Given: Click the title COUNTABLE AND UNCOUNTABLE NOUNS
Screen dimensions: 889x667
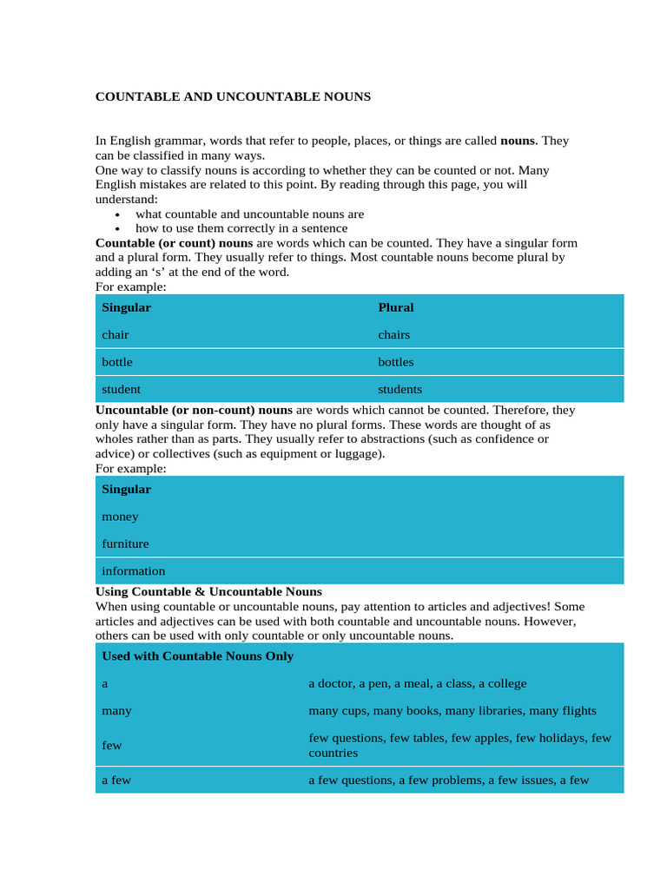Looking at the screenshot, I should pos(232,97).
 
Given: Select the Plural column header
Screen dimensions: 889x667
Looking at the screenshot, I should pos(396,307).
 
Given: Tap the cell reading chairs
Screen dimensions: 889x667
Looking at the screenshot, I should pos(393,335).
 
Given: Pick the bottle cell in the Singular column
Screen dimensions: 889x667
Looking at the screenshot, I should pos(117,362).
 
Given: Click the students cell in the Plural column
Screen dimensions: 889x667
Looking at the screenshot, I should pos(400,389).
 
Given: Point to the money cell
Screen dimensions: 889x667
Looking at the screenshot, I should pos(120,517).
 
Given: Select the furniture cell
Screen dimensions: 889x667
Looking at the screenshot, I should pos(125,543).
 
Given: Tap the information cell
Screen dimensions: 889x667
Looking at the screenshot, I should pos(133,571).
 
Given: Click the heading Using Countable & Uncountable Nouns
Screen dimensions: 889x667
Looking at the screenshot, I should pos(208,591).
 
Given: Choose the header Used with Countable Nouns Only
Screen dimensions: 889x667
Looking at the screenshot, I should pos(197,656).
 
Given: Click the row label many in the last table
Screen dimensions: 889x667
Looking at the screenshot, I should pos(116,711).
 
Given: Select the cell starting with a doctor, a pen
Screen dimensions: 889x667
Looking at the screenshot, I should pos(417,683).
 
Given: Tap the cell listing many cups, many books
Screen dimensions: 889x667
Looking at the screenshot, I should pos(452,711).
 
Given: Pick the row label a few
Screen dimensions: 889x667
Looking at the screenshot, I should pos(116,780).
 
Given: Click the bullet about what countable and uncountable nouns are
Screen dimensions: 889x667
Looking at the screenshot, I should pos(249,214).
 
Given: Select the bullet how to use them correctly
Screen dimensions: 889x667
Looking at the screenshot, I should pos(241,228).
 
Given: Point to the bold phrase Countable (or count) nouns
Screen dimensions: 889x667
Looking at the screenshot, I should pos(174,243).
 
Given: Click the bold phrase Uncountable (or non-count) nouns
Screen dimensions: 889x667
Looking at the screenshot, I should pos(194,410).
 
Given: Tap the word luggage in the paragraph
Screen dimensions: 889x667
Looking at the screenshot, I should pos(360,454).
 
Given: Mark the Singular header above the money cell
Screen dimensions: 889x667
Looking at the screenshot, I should pos(126,490).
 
